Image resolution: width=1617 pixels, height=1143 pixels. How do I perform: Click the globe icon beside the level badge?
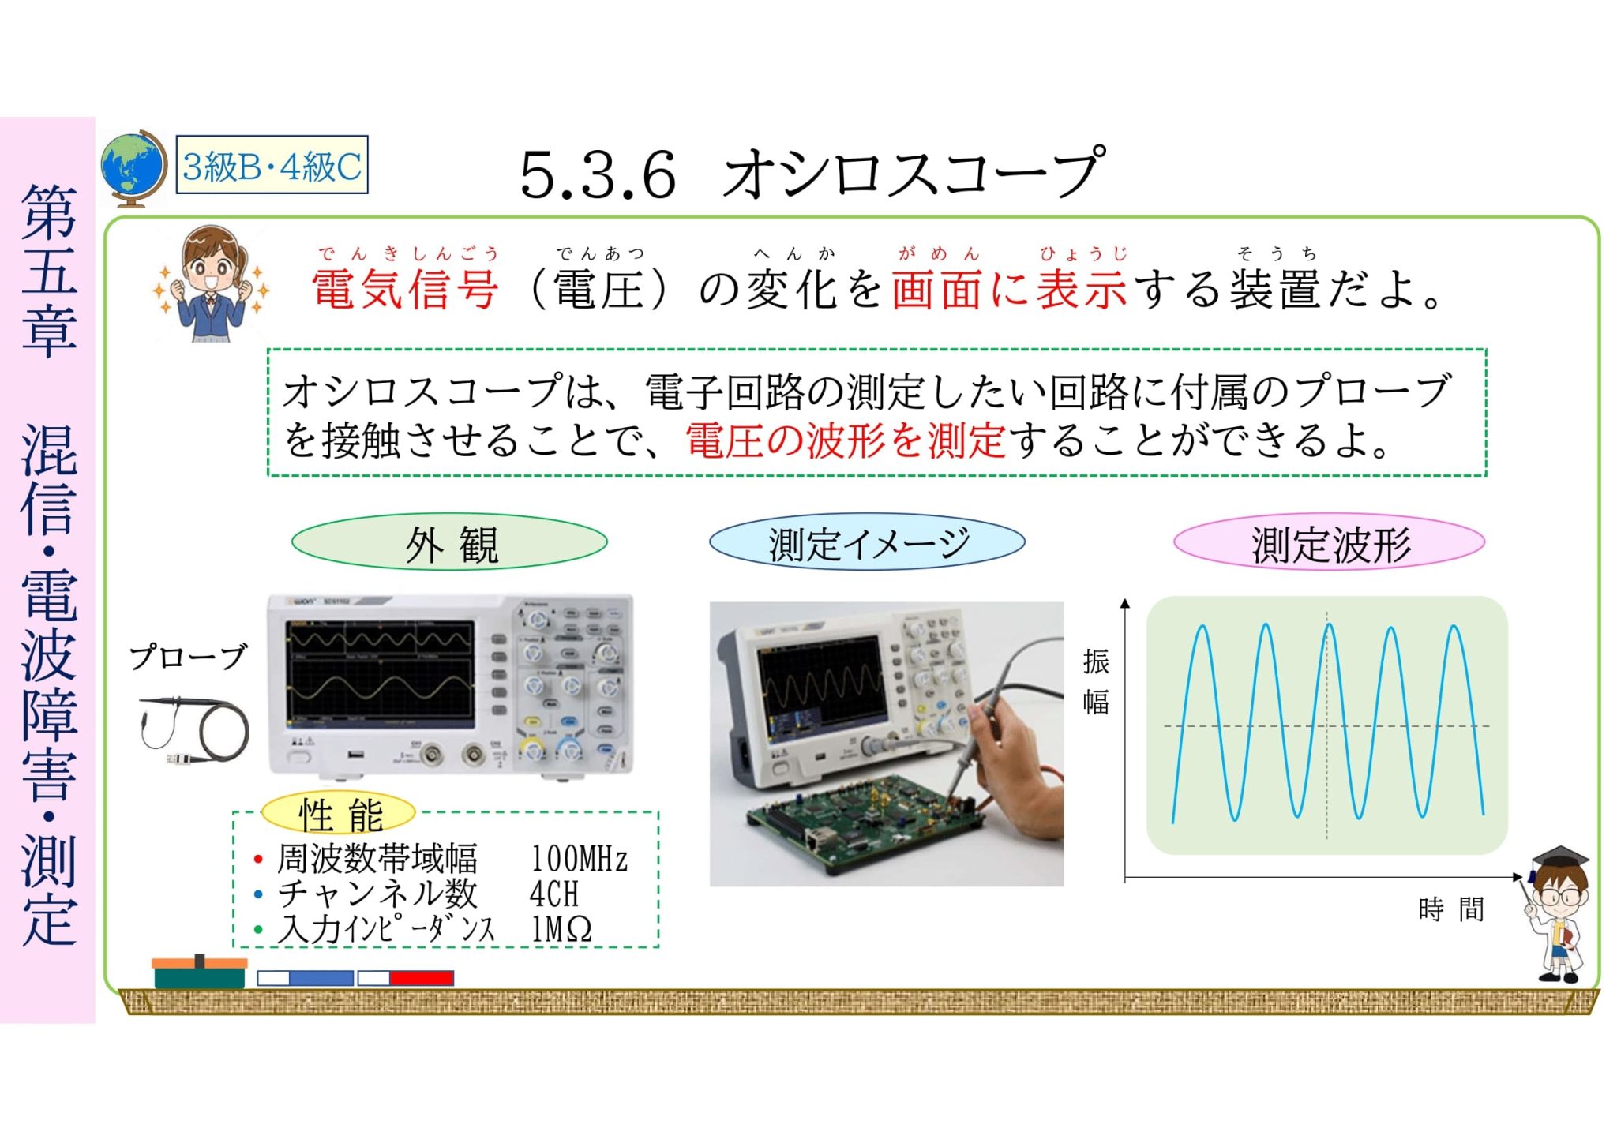(x=133, y=167)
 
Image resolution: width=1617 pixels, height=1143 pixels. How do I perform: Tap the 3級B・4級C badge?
(x=272, y=166)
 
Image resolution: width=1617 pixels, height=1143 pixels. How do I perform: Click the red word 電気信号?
(x=404, y=289)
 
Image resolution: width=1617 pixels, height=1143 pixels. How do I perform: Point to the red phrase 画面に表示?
(x=1008, y=289)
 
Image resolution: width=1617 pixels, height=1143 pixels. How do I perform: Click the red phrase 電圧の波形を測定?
(x=845, y=440)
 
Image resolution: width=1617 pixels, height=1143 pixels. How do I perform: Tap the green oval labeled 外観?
(x=449, y=543)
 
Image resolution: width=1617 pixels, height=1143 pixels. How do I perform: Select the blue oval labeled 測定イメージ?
(x=867, y=543)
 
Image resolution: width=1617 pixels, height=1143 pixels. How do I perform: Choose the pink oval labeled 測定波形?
(x=1329, y=543)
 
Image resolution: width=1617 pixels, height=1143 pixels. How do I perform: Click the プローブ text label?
(x=188, y=657)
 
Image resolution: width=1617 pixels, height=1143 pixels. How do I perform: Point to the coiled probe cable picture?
(x=194, y=731)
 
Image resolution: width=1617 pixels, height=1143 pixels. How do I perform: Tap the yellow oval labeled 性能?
(x=339, y=814)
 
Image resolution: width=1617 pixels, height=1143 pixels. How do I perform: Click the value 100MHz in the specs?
(x=579, y=859)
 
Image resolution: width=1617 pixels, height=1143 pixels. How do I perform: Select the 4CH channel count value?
(x=553, y=894)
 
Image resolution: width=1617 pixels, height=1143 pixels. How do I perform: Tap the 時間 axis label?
(x=1450, y=909)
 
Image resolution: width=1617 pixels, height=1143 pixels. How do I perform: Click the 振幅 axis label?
(x=1096, y=680)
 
